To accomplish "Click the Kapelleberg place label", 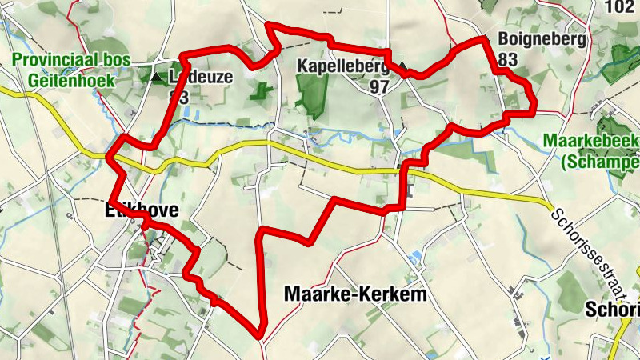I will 338,66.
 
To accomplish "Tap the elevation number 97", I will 380,86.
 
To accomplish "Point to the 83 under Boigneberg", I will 507,59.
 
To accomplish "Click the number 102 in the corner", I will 619,7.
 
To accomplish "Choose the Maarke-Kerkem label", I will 356,294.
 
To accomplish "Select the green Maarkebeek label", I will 590,141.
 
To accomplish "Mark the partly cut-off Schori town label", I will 613,310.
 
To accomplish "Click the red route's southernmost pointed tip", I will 259,334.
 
